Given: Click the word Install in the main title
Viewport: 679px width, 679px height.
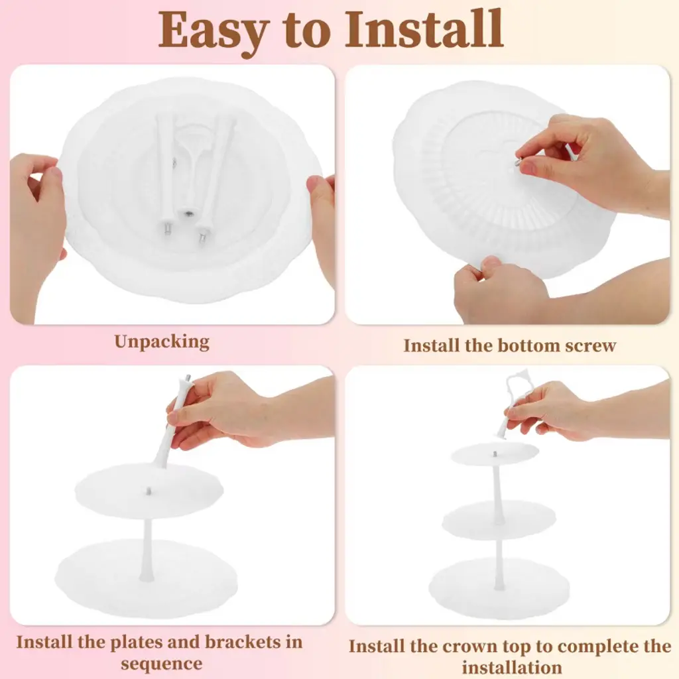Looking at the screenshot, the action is (x=424, y=29).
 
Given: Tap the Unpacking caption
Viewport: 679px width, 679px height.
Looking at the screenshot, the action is (x=162, y=342).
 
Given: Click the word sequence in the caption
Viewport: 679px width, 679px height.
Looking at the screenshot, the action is (x=162, y=664).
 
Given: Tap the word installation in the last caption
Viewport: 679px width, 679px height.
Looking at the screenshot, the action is (x=512, y=667).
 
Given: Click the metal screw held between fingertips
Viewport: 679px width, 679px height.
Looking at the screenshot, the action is (x=518, y=161).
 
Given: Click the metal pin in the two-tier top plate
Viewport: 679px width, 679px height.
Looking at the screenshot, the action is (x=149, y=491).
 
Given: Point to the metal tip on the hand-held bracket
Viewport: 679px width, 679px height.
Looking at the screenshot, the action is (x=188, y=379).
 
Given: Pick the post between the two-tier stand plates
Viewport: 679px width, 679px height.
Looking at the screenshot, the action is (x=147, y=550).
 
